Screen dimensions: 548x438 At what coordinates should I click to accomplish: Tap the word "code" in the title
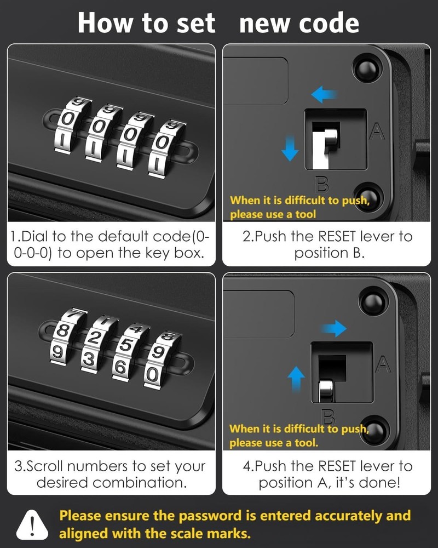pos(331,23)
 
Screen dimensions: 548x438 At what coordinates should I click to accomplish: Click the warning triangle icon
pos(31,524)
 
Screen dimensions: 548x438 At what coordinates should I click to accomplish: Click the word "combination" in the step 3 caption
pos(139,483)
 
